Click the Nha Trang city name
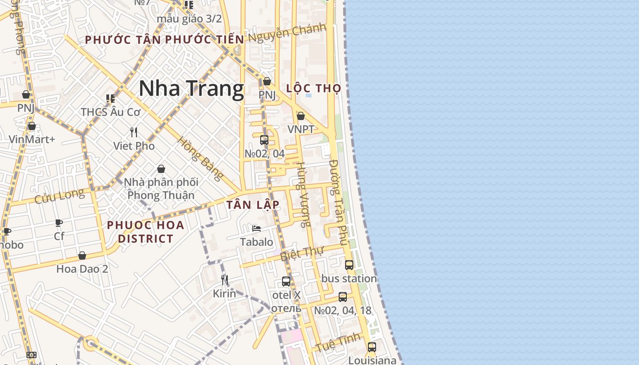pyautogui.click(x=191, y=89)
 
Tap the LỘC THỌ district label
pyautogui.click(x=314, y=88)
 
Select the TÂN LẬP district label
pyautogui.click(x=252, y=205)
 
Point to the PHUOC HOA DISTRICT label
pyautogui.click(x=146, y=232)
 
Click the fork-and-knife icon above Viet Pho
pyautogui.click(x=134, y=132)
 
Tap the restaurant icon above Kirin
pyautogui.click(x=225, y=280)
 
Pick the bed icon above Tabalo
pyautogui.click(x=257, y=229)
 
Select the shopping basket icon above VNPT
pyautogui.click(x=301, y=116)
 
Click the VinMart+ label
pyautogui.click(x=32, y=139)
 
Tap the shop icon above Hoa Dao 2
pyautogui.click(x=82, y=255)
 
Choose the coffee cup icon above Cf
pyautogui.click(x=59, y=223)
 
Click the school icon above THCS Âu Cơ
pyautogui.click(x=110, y=98)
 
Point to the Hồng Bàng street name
pyautogui.click(x=201, y=158)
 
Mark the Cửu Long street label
pyautogui.click(x=60, y=196)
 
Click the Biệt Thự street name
pyautogui.click(x=302, y=253)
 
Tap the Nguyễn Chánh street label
pyautogui.click(x=287, y=32)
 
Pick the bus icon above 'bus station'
pyautogui.click(x=349, y=265)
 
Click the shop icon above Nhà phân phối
pyautogui.click(x=161, y=169)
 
